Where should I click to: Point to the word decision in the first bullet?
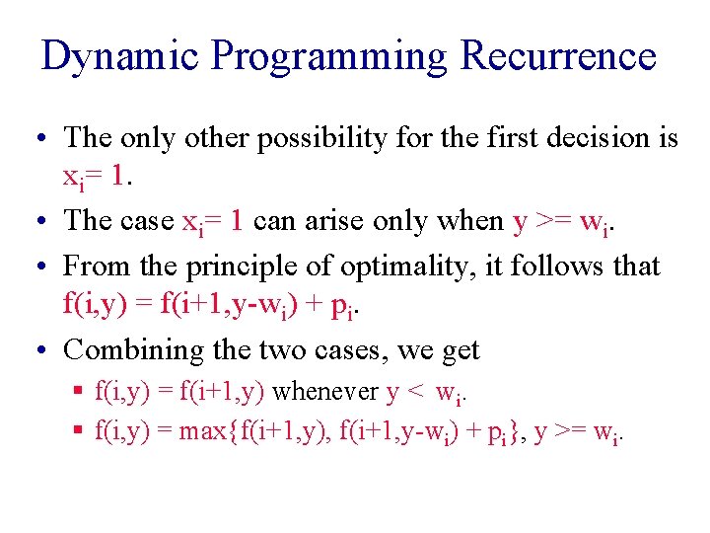click(x=588, y=138)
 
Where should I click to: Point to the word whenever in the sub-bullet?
click(x=325, y=392)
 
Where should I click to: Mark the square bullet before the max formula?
click(x=80, y=431)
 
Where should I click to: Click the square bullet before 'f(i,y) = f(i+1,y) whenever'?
click(x=80, y=392)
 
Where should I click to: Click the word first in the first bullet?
click(x=487, y=138)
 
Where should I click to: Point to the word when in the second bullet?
click(x=469, y=221)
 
